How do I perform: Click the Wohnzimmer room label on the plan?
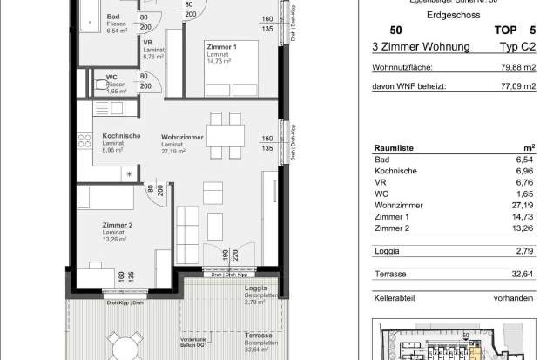pyautogui.click(x=182, y=137)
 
